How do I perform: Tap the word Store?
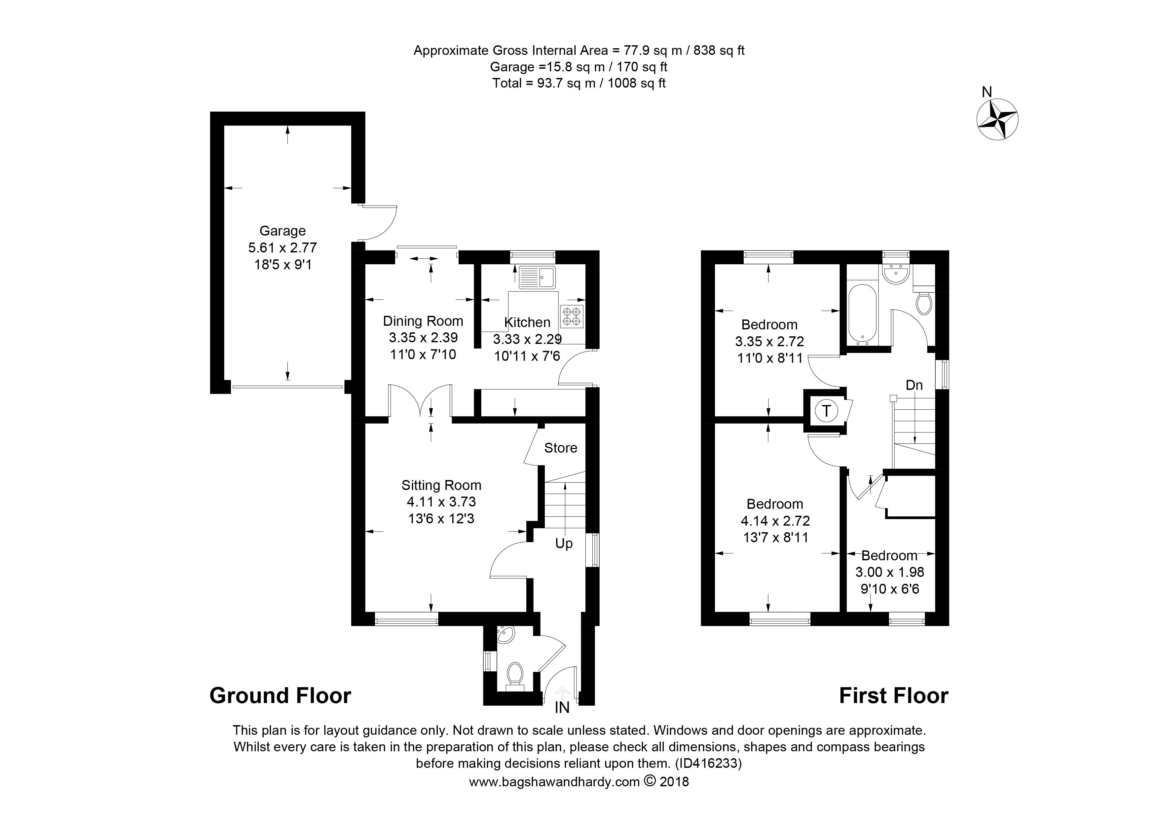[x=560, y=448]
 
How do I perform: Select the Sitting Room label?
[x=441, y=485]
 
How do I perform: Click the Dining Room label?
[x=423, y=321]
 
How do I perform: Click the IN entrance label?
[x=562, y=708]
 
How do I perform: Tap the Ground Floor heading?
[x=280, y=696]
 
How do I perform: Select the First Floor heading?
[x=893, y=696]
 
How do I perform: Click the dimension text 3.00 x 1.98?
[x=889, y=572]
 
